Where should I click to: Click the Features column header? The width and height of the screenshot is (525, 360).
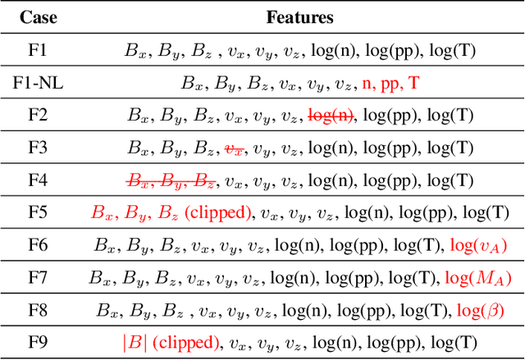pos(299,16)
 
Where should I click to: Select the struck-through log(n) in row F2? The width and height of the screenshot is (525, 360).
pos(331,116)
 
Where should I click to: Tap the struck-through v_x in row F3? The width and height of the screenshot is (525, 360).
pos(235,148)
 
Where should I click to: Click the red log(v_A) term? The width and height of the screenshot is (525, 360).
pos(479,245)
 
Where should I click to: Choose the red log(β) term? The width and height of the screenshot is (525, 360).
pos(478,311)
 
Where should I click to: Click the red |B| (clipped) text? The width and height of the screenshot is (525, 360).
pos(170,343)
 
